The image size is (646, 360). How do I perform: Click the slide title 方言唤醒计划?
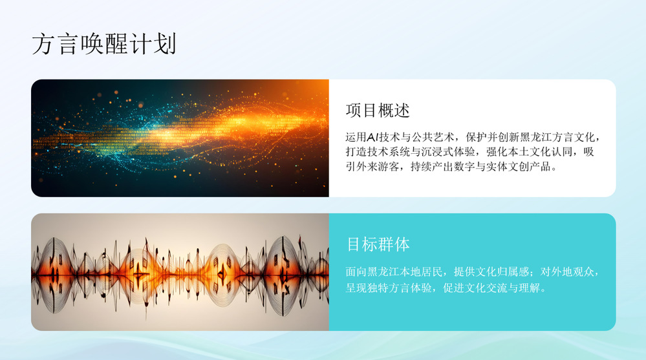pos(104,44)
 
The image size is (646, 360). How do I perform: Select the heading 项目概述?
pos(378,111)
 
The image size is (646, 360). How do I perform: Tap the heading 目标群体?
pos(378,244)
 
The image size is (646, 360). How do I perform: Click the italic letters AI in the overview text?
pos(372,137)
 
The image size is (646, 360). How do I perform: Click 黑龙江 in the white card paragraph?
pos(535,137)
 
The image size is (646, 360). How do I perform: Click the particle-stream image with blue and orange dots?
pos(180,138)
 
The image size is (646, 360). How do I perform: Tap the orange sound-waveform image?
pos(180,272)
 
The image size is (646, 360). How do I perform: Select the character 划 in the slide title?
pos(165,44)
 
